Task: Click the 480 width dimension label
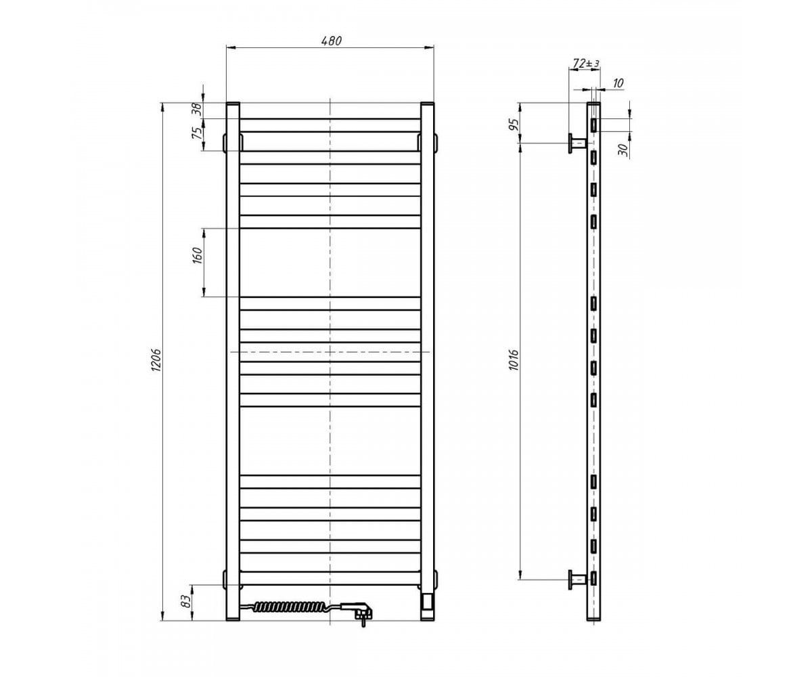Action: [x=332, y=41]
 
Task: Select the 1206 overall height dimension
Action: [x=156, y=360]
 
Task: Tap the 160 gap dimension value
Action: [x=198, y=255]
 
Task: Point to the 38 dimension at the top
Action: [x=197, y=109]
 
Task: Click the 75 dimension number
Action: [x=198, y=133]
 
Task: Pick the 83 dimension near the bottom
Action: [x=187, y=602]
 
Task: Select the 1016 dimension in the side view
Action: [x=514, y=360]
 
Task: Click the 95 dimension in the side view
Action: [x=514, y=125]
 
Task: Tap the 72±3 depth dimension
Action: [x=586, y=63]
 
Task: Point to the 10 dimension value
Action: [x=618, y=83]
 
